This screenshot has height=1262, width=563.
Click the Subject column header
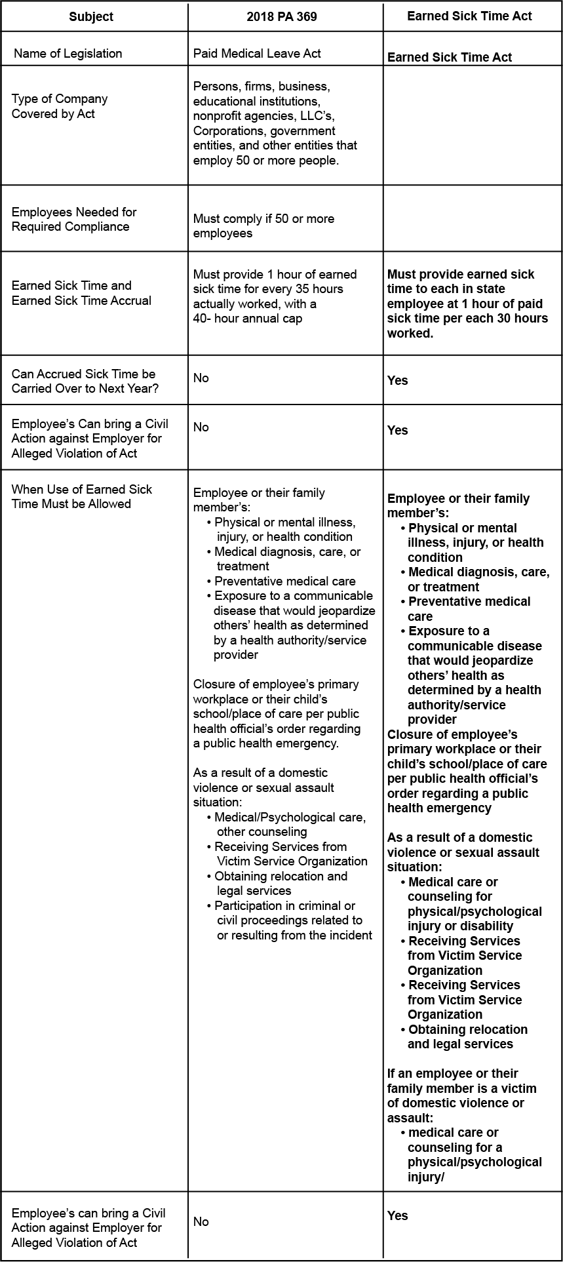[x=91, y=17]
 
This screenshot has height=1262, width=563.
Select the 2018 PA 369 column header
[x=282, y=17]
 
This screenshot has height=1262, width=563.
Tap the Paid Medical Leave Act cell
[x=257, y=53]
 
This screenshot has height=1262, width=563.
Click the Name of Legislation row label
[x=68, y=53]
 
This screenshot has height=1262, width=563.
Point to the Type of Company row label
[x=60, y=106]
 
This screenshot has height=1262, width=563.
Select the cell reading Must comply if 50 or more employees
[x=263, y=226]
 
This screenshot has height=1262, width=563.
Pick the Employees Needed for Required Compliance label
[x=74, y=219]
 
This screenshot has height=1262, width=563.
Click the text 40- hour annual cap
[x=248, y=319]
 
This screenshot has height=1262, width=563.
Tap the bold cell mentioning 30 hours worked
[x=467, y=304]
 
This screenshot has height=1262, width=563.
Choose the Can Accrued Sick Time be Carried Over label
[x=85, y=381]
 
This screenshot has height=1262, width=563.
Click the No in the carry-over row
[x=201, y=378]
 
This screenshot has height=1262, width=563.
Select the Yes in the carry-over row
[x=397, y=380]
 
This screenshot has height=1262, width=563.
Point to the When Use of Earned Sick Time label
[x=81, y=496]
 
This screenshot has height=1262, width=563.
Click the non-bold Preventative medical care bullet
[x=284, y=581]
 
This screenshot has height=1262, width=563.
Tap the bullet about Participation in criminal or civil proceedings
[x=292, y=920]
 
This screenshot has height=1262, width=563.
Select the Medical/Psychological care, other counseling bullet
[x=289, y=824]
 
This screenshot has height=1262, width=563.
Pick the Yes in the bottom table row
[x=397, y=1215]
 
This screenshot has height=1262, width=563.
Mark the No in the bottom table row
[x=201, y=1221]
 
